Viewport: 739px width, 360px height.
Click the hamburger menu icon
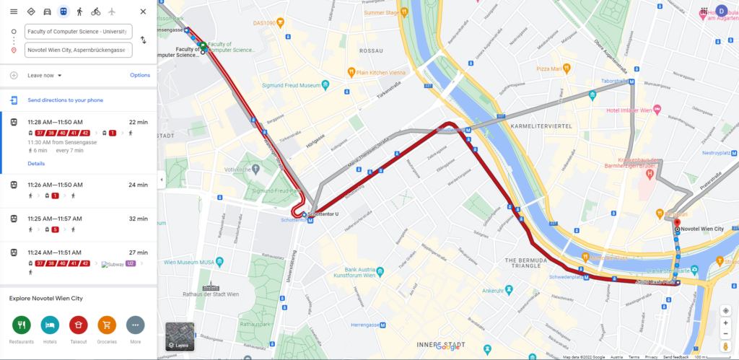(14, 12)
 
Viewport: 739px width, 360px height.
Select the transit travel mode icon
(64, 12)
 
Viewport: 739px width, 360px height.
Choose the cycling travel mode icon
(95, 12)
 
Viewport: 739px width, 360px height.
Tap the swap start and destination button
(143, 40)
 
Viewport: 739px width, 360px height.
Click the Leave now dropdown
(45, 75)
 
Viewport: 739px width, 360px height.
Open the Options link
(140, 75)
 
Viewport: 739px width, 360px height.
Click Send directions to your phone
(65, 100)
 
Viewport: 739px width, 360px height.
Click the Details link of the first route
(36, 164)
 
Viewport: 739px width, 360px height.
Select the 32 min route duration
(137, 219)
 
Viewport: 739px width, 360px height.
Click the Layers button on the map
(180, 336)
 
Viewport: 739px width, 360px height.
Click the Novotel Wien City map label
(701, 229)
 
